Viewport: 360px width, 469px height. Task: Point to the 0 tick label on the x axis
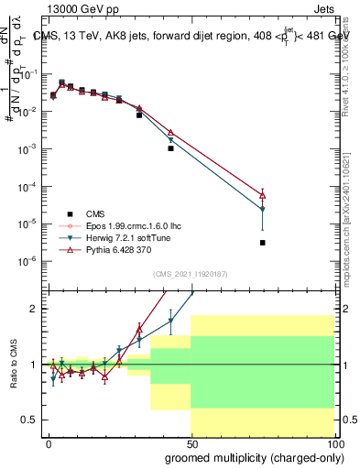pyautogui.click(x=49, y=443)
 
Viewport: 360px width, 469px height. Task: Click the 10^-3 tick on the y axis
pyautogui.click(x=28, y=148)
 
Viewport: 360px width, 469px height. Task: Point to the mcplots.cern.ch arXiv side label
pyautogui.click(x=353, y=220)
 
